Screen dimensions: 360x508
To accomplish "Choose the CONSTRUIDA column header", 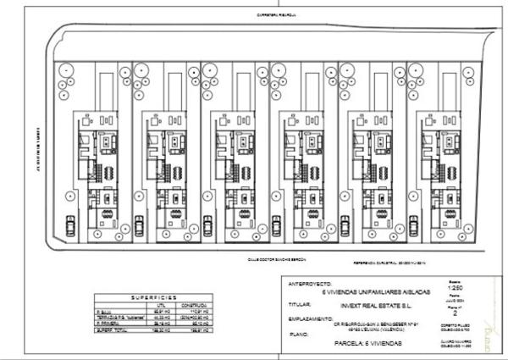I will click(199, 306).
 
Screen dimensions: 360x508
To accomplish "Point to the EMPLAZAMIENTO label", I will click(310, 318).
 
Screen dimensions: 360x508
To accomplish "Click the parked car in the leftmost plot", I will click(70, 224).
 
